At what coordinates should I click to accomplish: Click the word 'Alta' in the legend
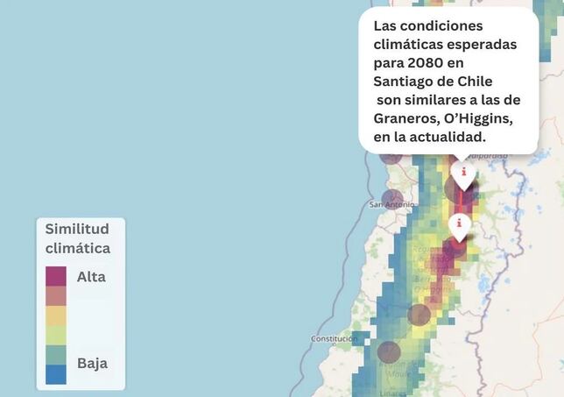(91, 277)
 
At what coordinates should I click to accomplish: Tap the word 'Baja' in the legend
(91, 363)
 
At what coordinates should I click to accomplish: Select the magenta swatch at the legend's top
(56, 276)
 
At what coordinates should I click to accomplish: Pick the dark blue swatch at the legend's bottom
(56, 374)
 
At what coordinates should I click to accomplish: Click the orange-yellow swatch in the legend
(56, 315)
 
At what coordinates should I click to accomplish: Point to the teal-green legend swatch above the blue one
(56, 355)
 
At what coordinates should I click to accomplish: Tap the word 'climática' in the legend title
(78, 248)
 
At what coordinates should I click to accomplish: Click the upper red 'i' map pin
(462, 174)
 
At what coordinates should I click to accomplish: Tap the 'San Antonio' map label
(391, 205)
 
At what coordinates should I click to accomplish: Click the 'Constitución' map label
(334, 339)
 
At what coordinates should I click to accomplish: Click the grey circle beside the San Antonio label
(394, 200)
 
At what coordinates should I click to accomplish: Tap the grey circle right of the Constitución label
(389, 353)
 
